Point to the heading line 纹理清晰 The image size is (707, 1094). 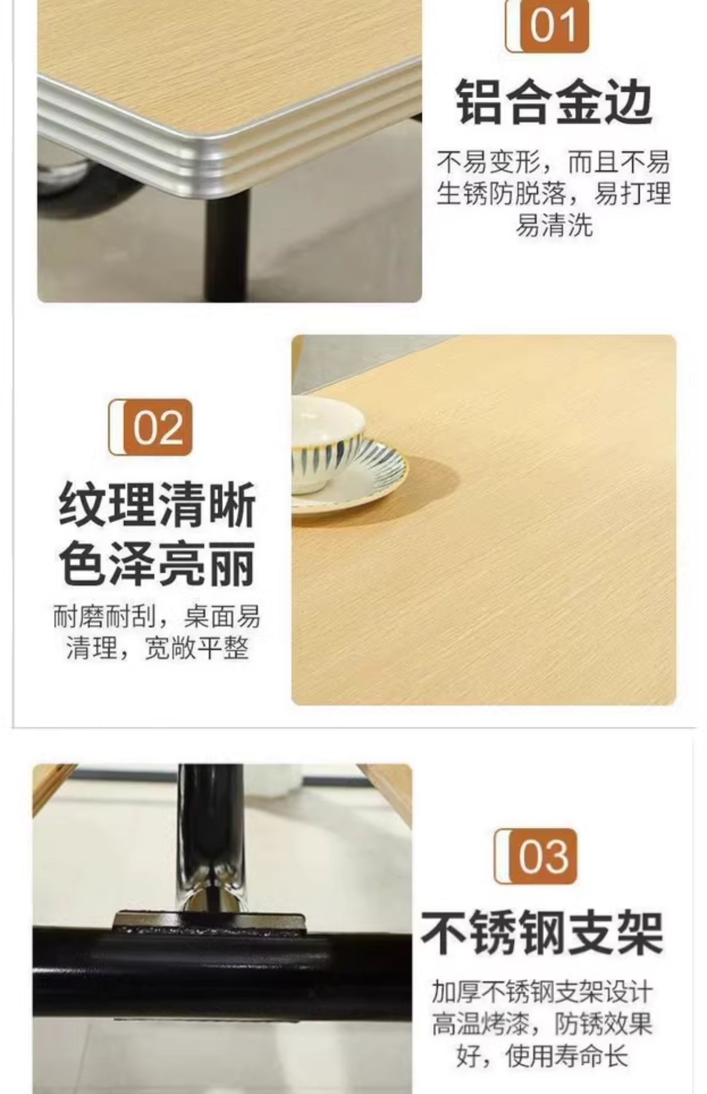(x=157, y=505)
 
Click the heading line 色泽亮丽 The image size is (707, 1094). (x=157, y=563)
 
